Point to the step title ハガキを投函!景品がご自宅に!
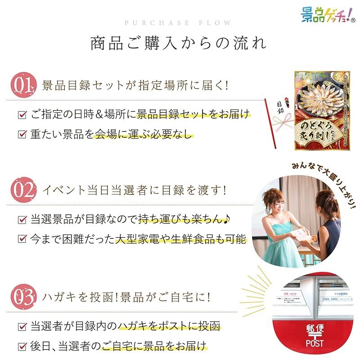point(129,297)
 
